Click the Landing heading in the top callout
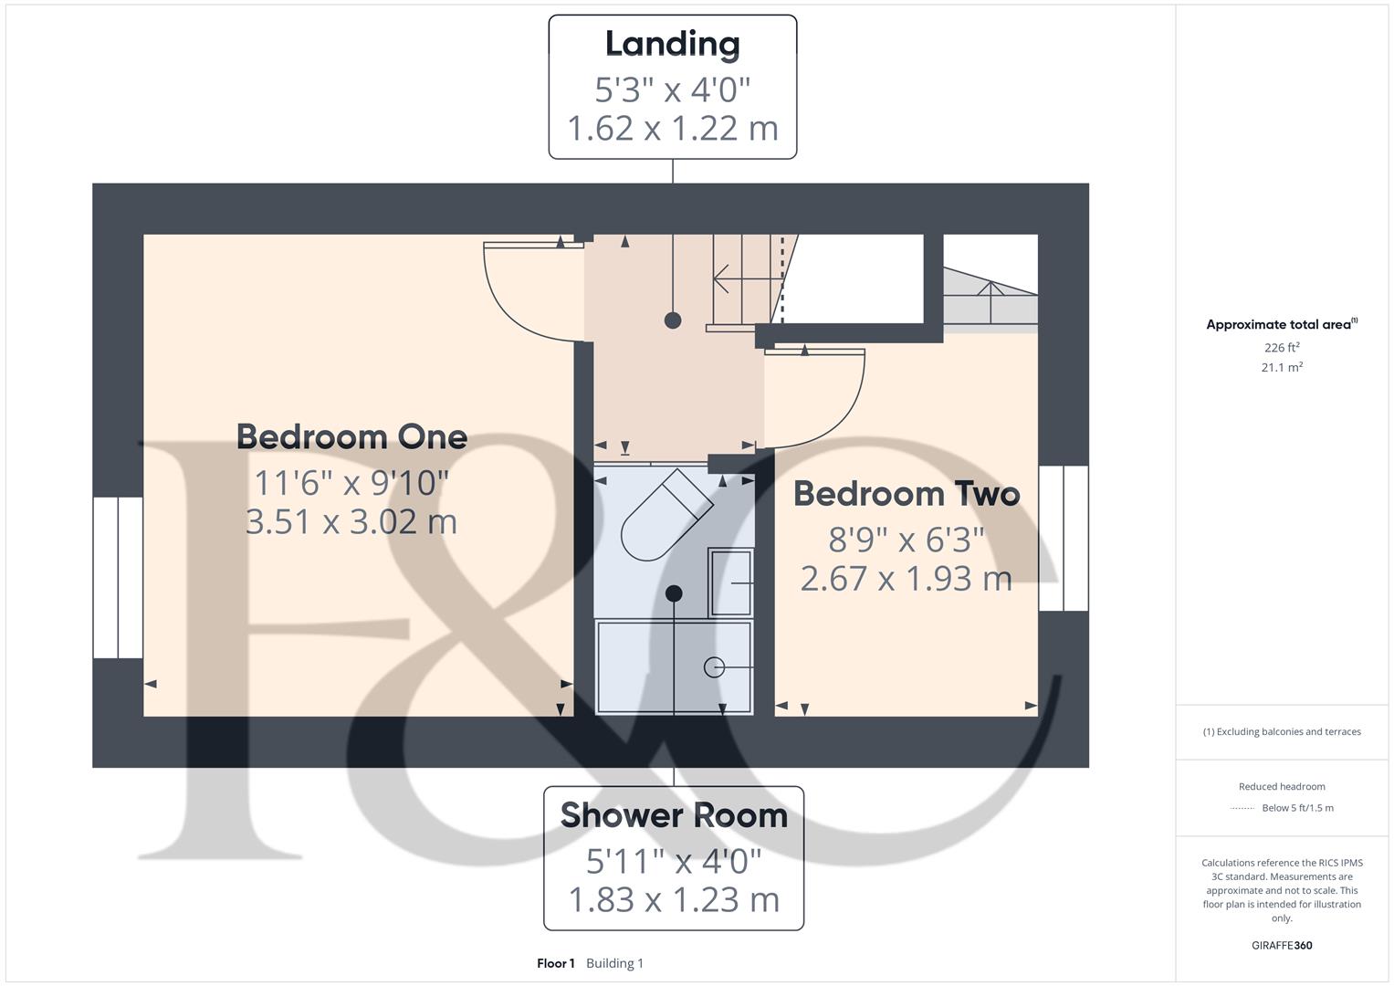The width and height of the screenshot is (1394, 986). coord(672,44)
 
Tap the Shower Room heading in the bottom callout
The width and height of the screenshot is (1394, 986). coord(674,815)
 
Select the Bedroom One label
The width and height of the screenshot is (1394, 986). coord(351,436)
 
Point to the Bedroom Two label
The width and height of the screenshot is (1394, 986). coord(906,494)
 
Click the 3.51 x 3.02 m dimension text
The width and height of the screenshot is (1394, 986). coord(351,521)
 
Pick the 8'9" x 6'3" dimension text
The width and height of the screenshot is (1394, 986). coord(906,540)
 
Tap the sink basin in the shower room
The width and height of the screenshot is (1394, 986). coord(731,582)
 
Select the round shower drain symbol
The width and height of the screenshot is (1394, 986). coord(714,667)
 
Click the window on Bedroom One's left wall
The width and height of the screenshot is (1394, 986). coord(118,577)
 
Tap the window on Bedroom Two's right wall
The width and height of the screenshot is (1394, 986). coord(1064,538)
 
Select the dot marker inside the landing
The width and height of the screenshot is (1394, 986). coord(673,320)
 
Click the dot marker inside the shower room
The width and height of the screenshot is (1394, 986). coord(674,593)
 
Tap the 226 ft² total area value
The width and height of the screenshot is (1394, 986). coord(1282,348)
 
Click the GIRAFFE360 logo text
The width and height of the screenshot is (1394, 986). coord(1282,945)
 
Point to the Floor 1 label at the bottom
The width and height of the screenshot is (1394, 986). coord(555,963)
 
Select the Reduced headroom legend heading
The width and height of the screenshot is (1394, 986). coord(1282,786)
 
